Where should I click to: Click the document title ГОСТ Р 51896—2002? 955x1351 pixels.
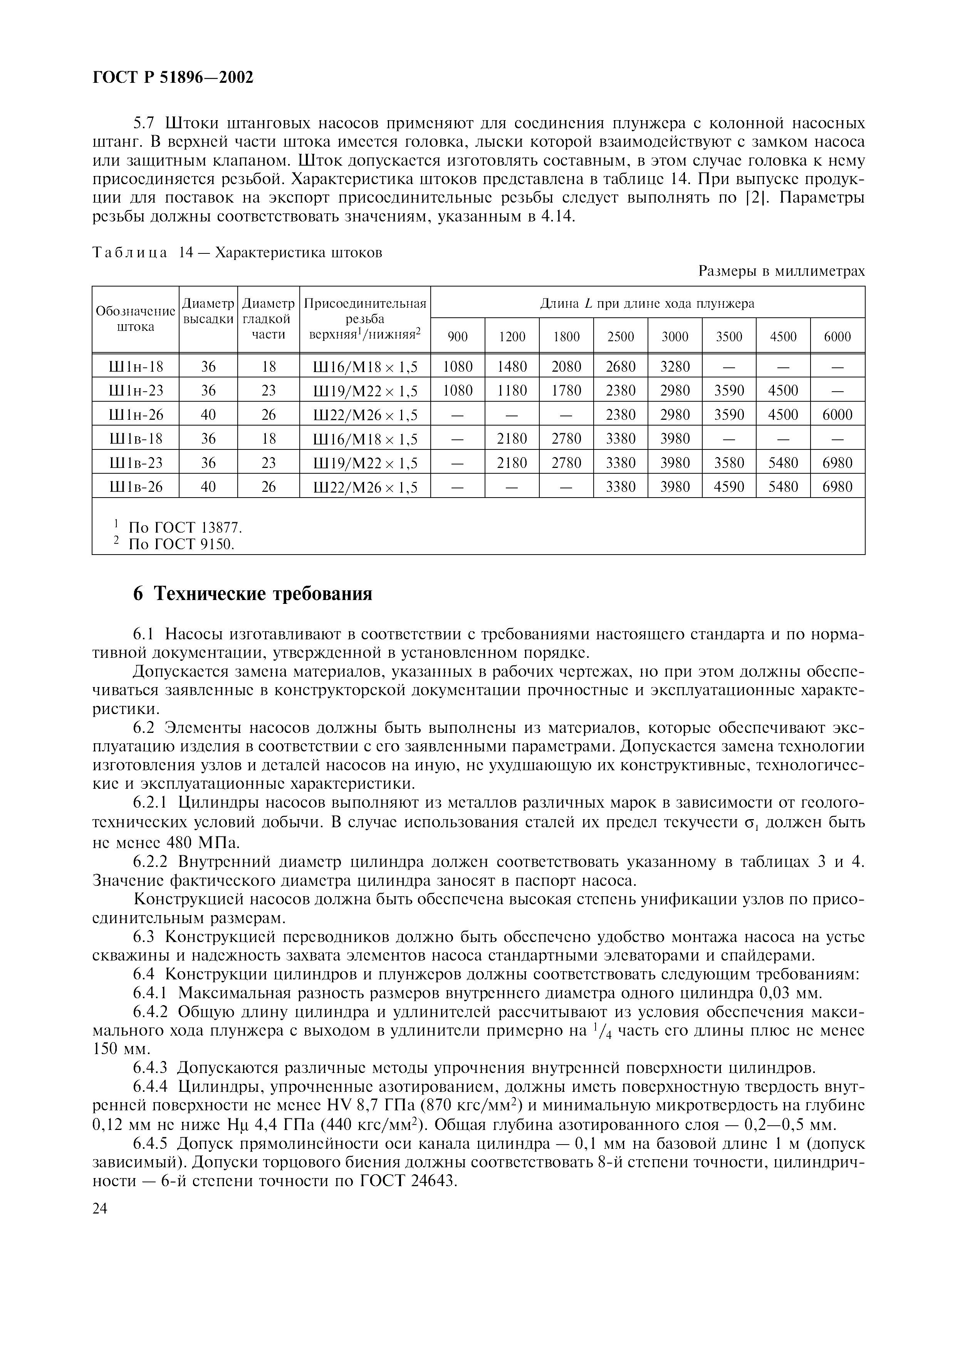tap(173, 77)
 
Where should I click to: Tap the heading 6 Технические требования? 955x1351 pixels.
tap(252, 594)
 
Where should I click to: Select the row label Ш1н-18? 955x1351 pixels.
tap(135, 367)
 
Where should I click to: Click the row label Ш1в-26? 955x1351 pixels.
tap(135, 487)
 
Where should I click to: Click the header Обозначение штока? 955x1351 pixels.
tap(135, 319)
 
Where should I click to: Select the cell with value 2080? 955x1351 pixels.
tap(566, 367)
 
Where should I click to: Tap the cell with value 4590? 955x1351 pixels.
tap(728, 487)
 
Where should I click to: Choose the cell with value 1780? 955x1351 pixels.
tap(566, 391)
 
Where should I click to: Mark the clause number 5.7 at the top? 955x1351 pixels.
tap(146, 124)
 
